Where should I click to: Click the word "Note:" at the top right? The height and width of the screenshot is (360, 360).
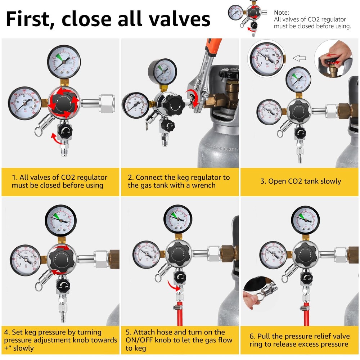pos(282,12)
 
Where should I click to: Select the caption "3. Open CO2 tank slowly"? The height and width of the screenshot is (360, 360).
pos(300,181)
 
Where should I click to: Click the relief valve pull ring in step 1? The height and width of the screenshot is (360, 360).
pos(39,132)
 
